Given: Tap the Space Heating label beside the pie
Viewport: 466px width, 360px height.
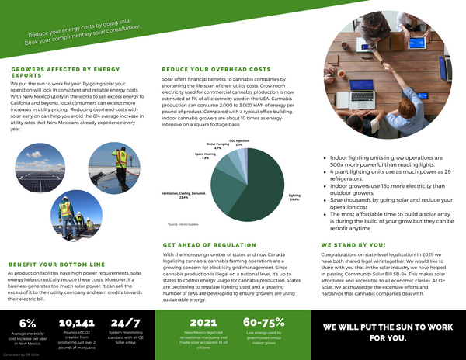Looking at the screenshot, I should (207, 156).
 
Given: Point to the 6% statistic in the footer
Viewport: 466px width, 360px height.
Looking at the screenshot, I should (27, 322).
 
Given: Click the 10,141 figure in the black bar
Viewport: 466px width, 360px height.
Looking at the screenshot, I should (76, 322).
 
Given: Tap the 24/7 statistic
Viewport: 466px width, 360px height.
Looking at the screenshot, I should (125, 322).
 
